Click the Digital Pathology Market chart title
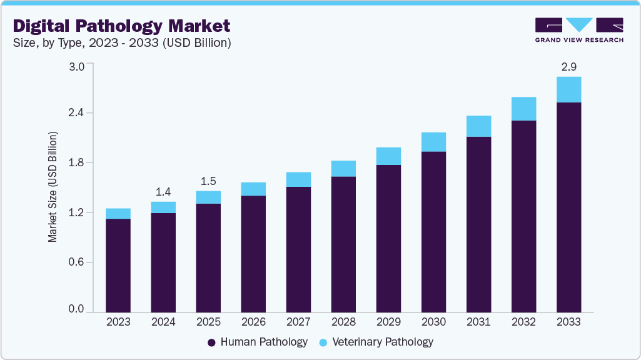122,26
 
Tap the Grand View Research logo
579,29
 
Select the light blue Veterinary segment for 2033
568,89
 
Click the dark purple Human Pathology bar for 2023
118,265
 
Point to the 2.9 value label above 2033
568,66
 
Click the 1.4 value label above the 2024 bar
163,191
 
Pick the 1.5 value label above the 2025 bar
208,181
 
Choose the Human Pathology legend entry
257,342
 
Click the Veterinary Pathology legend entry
376,342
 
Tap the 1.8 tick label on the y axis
76,163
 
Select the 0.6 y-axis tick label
76,262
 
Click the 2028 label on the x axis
343,322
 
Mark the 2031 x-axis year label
478,322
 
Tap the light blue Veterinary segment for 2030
433,142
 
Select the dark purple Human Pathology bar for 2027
298,249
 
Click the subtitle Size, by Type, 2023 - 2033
123,43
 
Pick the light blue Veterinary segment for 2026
253,189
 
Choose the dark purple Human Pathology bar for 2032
523,216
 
